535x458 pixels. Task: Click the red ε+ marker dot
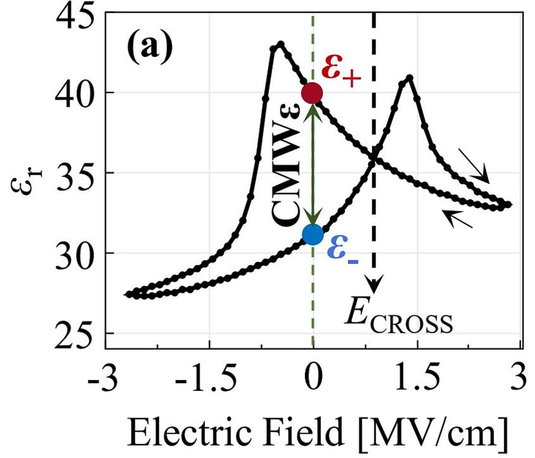(312, 93)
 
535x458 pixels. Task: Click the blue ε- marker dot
(312, 234)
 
